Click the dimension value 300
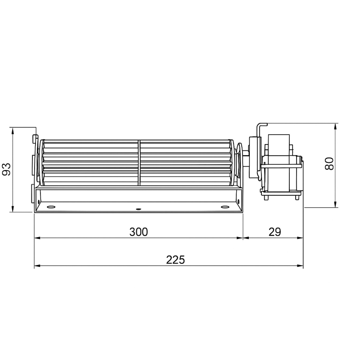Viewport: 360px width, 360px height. point(139,232)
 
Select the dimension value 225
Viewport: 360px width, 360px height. point(175,260)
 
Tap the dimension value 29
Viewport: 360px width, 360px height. point(274,232)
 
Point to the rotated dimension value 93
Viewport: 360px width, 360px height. point(7,169)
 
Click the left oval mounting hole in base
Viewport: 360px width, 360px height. point(51,207)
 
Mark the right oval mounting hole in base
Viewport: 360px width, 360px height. point(225,207)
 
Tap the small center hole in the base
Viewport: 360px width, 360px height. point(138,209)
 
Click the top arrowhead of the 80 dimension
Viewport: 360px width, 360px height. point(335,126)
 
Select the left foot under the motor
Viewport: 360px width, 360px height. point(266,196)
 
